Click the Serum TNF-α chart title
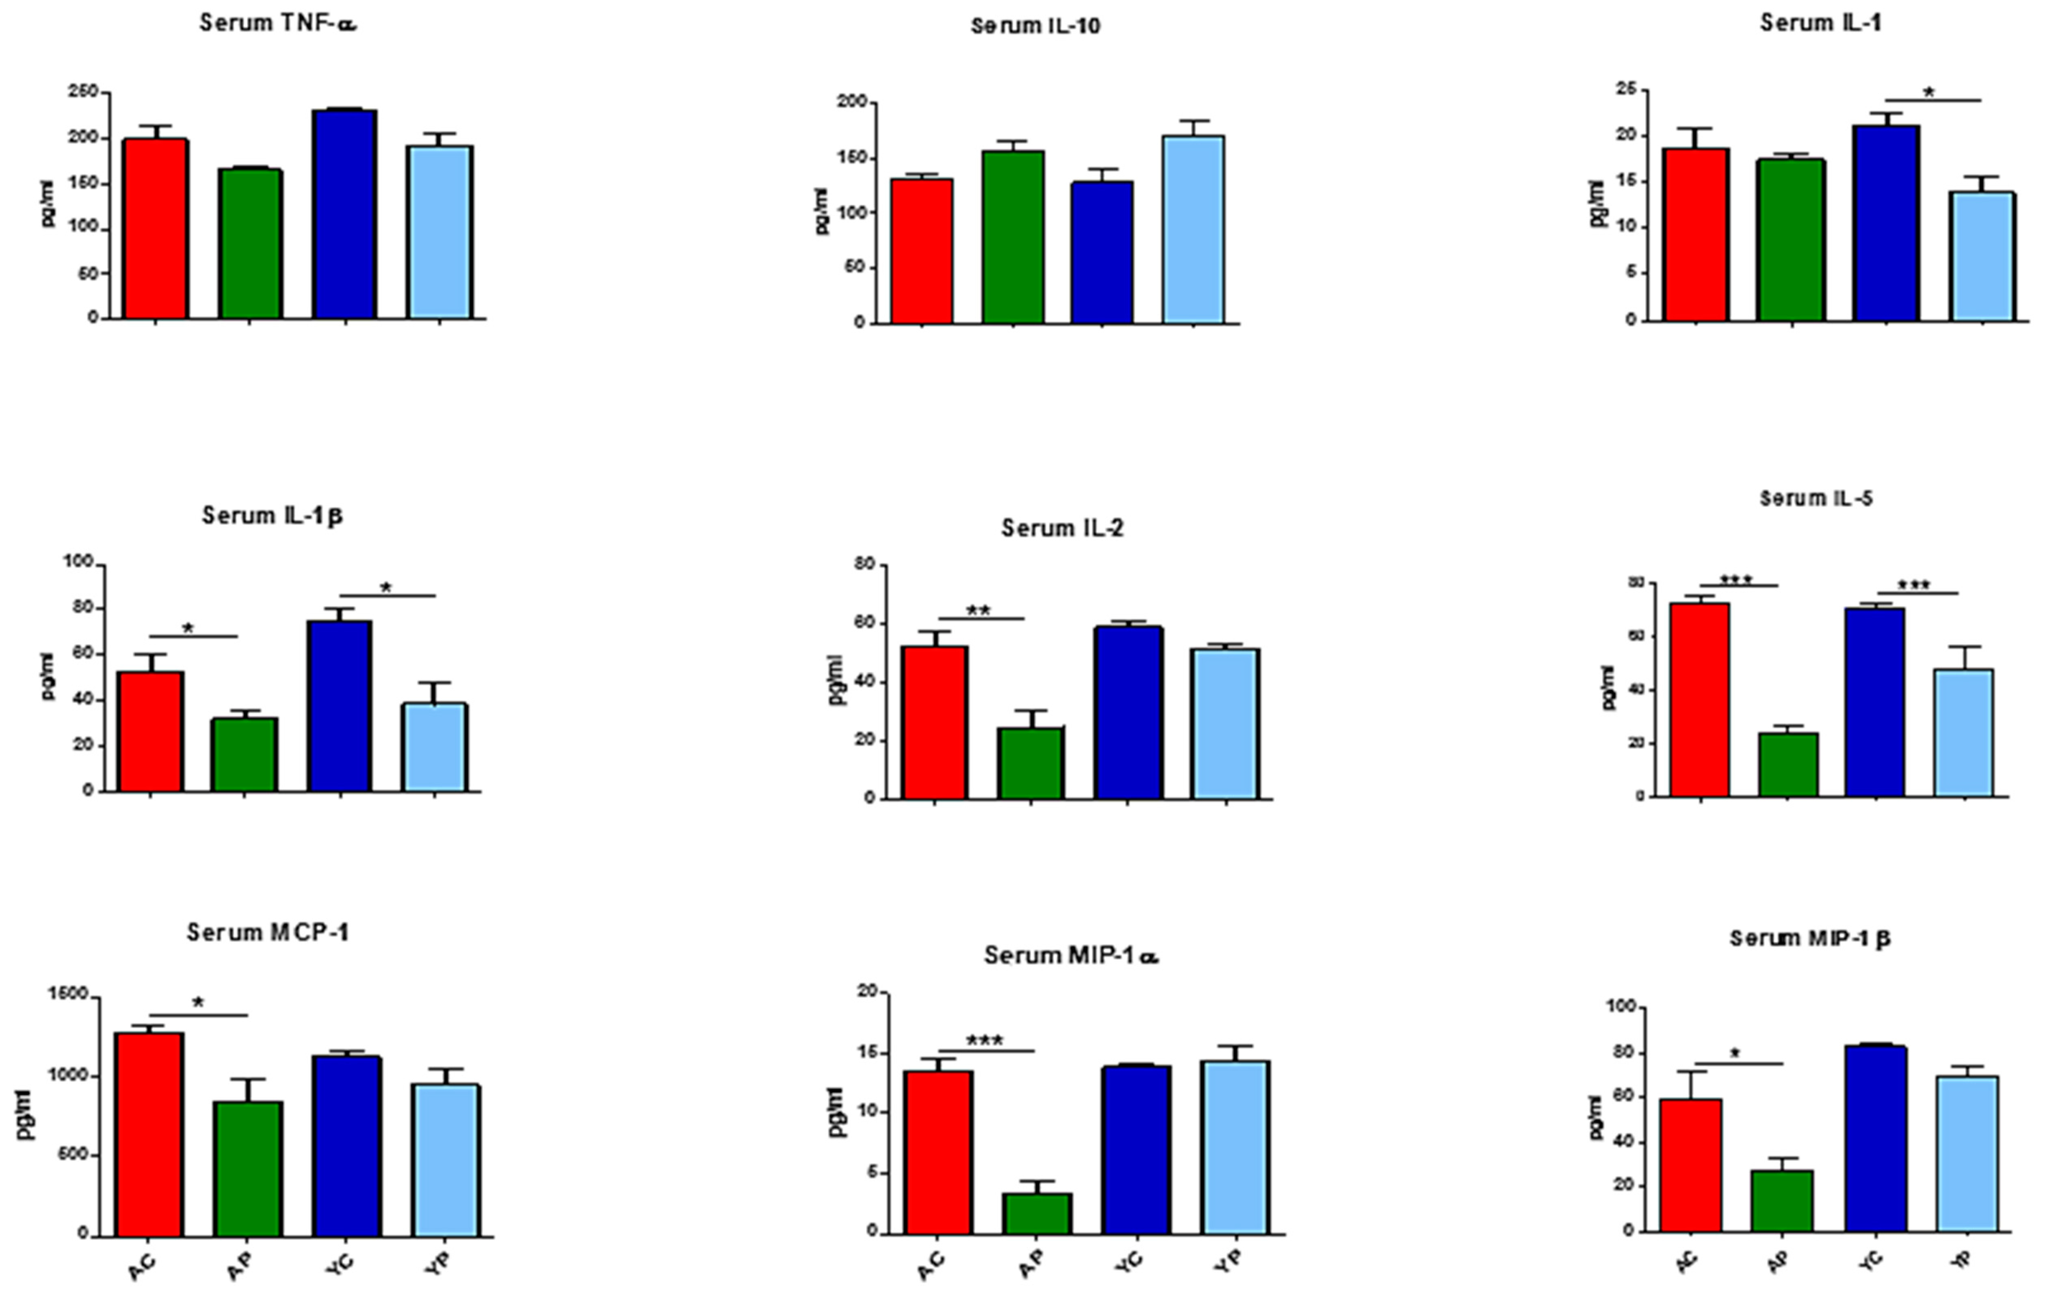coord(277,23)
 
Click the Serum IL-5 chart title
coord(1816,498)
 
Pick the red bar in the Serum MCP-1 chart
coord(150,1134)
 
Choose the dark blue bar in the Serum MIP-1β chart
coord(1875,1139)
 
